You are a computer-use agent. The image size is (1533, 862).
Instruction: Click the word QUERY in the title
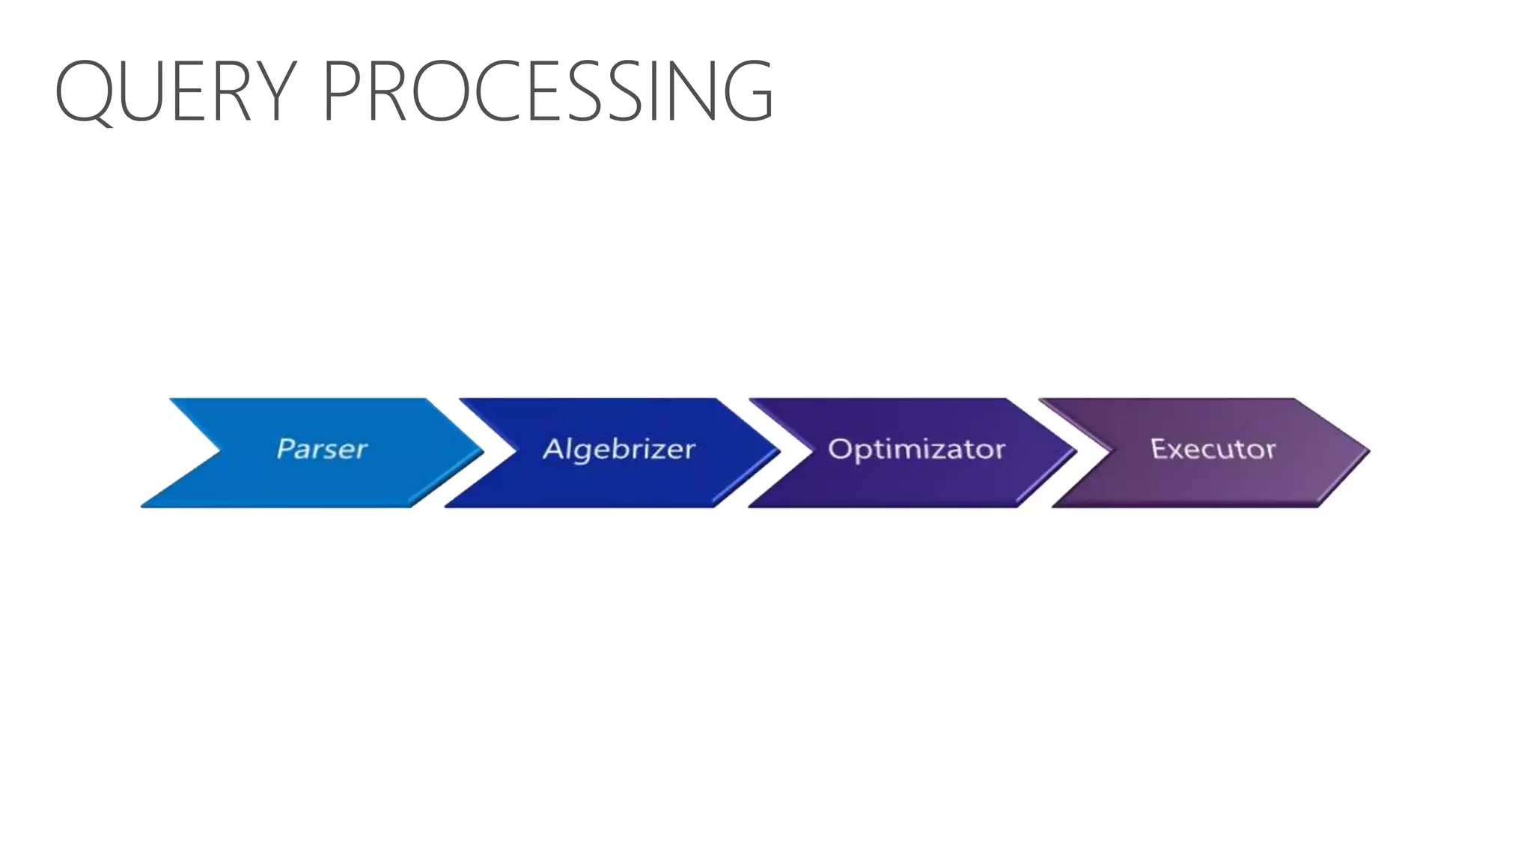pos(177,91)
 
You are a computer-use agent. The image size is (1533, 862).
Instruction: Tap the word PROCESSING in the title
pos(548,91)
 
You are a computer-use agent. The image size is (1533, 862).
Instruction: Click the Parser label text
pos(322,449)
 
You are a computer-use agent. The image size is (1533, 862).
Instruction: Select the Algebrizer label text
pos(619,449)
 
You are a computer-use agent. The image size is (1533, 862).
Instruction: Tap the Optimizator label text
pos(916,449)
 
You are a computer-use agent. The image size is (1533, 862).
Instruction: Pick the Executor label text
pos(1213,449)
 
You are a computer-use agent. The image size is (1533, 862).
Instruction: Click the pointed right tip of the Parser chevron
pos(483,451)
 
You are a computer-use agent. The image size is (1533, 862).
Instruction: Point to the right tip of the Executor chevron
pos(1369,451)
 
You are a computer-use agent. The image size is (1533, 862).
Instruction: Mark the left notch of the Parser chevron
pos(218,451)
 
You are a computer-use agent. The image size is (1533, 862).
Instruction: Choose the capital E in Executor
pos(1158,448)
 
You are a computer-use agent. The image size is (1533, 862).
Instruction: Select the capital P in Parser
pos(284,448)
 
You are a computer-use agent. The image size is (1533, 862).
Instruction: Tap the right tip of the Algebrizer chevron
pos(779,451)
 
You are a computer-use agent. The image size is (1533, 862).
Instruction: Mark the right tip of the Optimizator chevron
pos(1076,451)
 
